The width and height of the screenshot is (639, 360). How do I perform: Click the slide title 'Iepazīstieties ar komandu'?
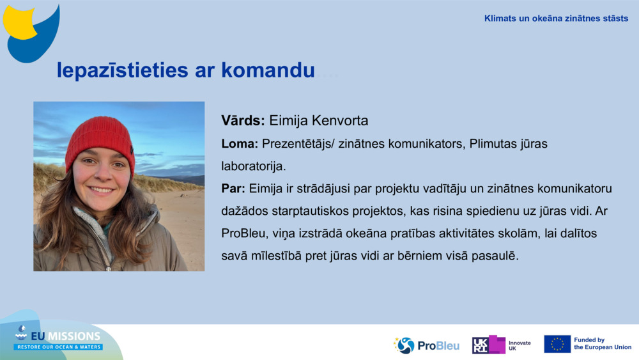coord(185,70)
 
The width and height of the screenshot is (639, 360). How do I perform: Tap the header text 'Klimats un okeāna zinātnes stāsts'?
coord(556,19)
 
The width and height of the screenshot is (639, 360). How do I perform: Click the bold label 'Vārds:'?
coord(243,121)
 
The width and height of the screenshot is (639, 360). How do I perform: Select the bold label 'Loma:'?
coord(240,144)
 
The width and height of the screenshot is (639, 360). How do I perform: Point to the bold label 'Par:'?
coord(233,189)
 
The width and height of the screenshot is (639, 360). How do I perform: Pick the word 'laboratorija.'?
coord(254,166)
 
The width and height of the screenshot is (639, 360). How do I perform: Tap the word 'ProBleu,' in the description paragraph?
coord(243,233)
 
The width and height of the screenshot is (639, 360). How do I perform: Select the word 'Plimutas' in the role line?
coord(492,144)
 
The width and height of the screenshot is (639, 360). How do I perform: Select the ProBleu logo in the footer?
coord(426,345)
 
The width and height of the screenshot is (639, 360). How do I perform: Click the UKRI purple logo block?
coord(489,345)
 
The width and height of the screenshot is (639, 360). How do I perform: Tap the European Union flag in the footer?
coord(557,344)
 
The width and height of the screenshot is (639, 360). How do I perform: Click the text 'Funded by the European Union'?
coord(602,344)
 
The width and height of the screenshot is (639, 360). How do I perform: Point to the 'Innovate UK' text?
coord(519,345)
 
